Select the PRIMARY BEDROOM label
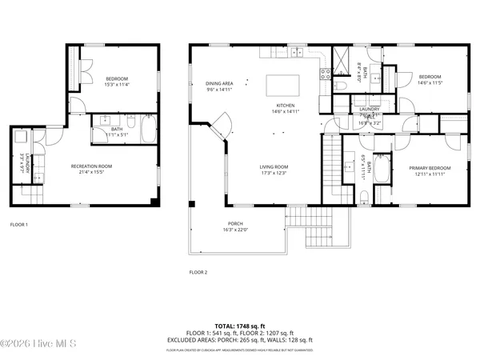tap(430, 168)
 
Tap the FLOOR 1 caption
tap(19, 225)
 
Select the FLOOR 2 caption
tap(198, 273)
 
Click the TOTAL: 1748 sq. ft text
tap(239, 326)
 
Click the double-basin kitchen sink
tap(293, 54)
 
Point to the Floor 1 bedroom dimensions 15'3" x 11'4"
tap(117, 83)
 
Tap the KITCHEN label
tap(286, 106)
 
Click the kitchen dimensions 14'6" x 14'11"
tap(286, 112)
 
